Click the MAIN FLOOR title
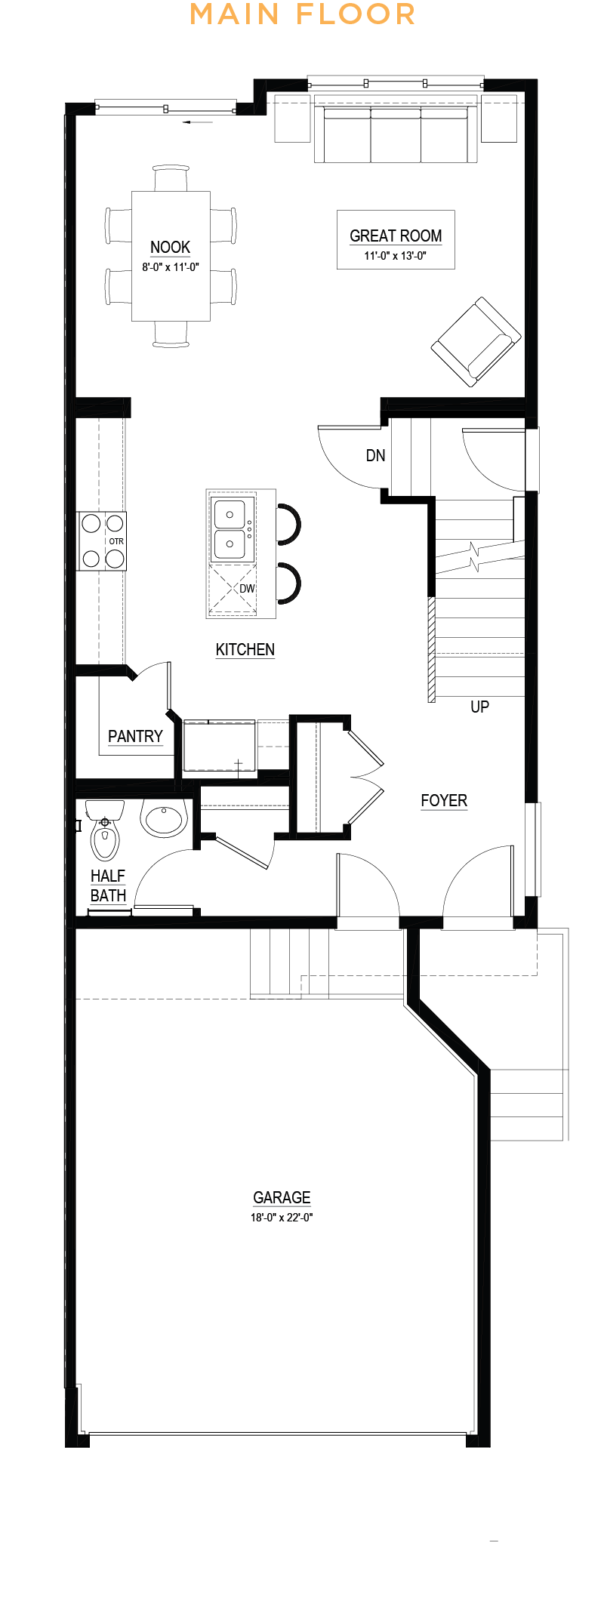coord(302,14)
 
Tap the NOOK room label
coord(170,248)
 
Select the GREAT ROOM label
coord(396,236)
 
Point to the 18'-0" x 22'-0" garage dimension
coord(282,1217)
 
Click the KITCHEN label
coord(245,650)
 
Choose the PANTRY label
coord(135,737)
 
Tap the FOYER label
coord(444,801)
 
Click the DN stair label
coord(375,456)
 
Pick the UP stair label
coord(479,707)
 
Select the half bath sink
coord(164,818)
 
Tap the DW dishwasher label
coord(247,589)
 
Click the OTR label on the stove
coord(116,541)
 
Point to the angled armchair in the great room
coord(476,341)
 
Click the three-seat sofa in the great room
coord(396,134)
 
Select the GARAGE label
coord(282,1198)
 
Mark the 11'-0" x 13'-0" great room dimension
coord(395,256)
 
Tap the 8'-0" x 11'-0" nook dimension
coord(170,267)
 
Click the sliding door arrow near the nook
coord(198,120)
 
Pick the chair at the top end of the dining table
coord(171,178)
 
